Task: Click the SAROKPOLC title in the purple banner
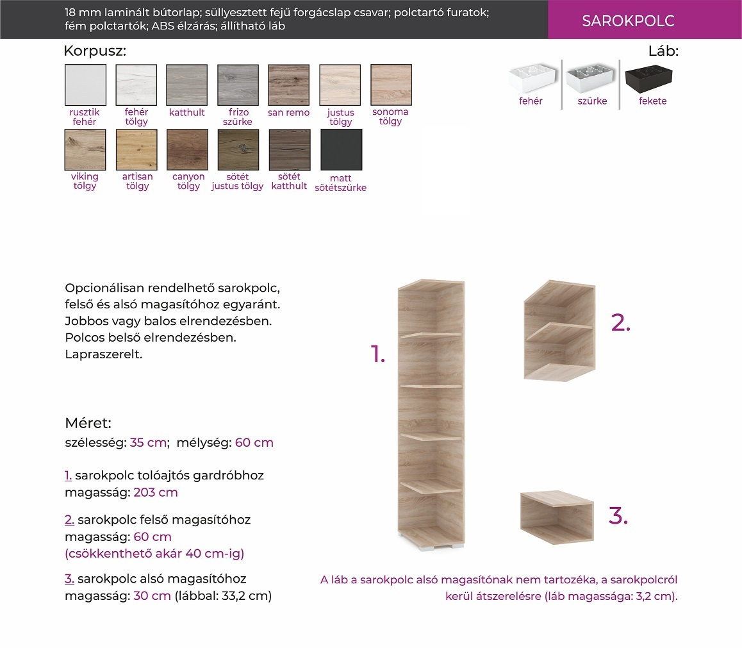click(x=628, y=21)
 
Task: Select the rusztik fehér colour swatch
click(x=86, y=85)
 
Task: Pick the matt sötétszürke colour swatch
click(x=341, y=149)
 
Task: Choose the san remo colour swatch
click(x=288, y=85)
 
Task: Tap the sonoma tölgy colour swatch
click(x=391, y=85)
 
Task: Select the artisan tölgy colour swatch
click(x=136, y=149)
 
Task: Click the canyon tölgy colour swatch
click(x=187, y=149)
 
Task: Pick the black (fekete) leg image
click(x=648, y=79)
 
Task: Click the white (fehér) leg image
click(x=532, y=79)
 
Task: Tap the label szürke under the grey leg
click(x=592, y=101)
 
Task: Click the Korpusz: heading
click(x=95, y=51)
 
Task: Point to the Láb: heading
click(x=663, y=51)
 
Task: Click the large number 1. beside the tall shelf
click(x=377, y=354)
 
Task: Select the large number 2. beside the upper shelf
click(x=621, y=323)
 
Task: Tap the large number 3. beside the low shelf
click(x=618, y=515)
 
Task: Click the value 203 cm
click(x=156, y=492)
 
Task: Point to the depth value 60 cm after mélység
click(x=254, y=442)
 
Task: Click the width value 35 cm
click(x=148, y=442)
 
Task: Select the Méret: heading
click(x=88, y=422)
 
